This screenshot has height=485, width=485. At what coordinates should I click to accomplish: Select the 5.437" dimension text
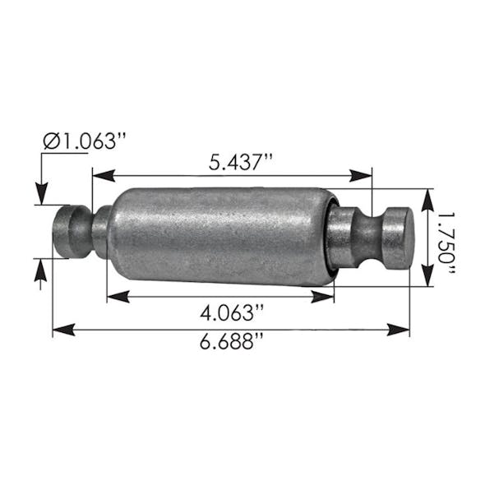[x=240, y=161]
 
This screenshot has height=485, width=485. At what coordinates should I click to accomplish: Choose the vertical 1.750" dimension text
[x=446, y=239]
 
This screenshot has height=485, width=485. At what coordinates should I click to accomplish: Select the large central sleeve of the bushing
[x=218, y=235]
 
